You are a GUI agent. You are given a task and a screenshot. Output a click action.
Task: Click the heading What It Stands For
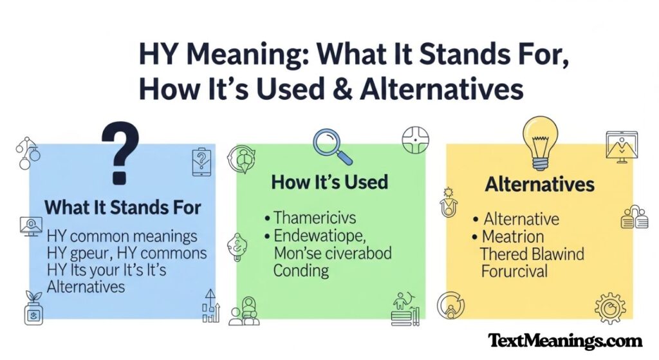[123, 208]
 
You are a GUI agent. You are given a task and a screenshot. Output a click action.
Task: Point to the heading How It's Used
[329, 182]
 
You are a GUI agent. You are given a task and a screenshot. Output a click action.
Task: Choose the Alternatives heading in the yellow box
[539, 184]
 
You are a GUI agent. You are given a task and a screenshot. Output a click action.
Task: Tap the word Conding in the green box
[301, 270]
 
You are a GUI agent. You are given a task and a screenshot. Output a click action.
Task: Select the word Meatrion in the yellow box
[514, 236]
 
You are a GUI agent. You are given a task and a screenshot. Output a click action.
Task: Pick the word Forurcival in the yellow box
[514, 271]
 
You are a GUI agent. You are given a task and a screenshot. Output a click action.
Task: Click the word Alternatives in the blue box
[86, 287]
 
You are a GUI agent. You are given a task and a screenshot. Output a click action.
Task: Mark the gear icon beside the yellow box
[609, 308]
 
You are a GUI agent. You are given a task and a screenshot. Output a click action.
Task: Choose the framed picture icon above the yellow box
[621, 146]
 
